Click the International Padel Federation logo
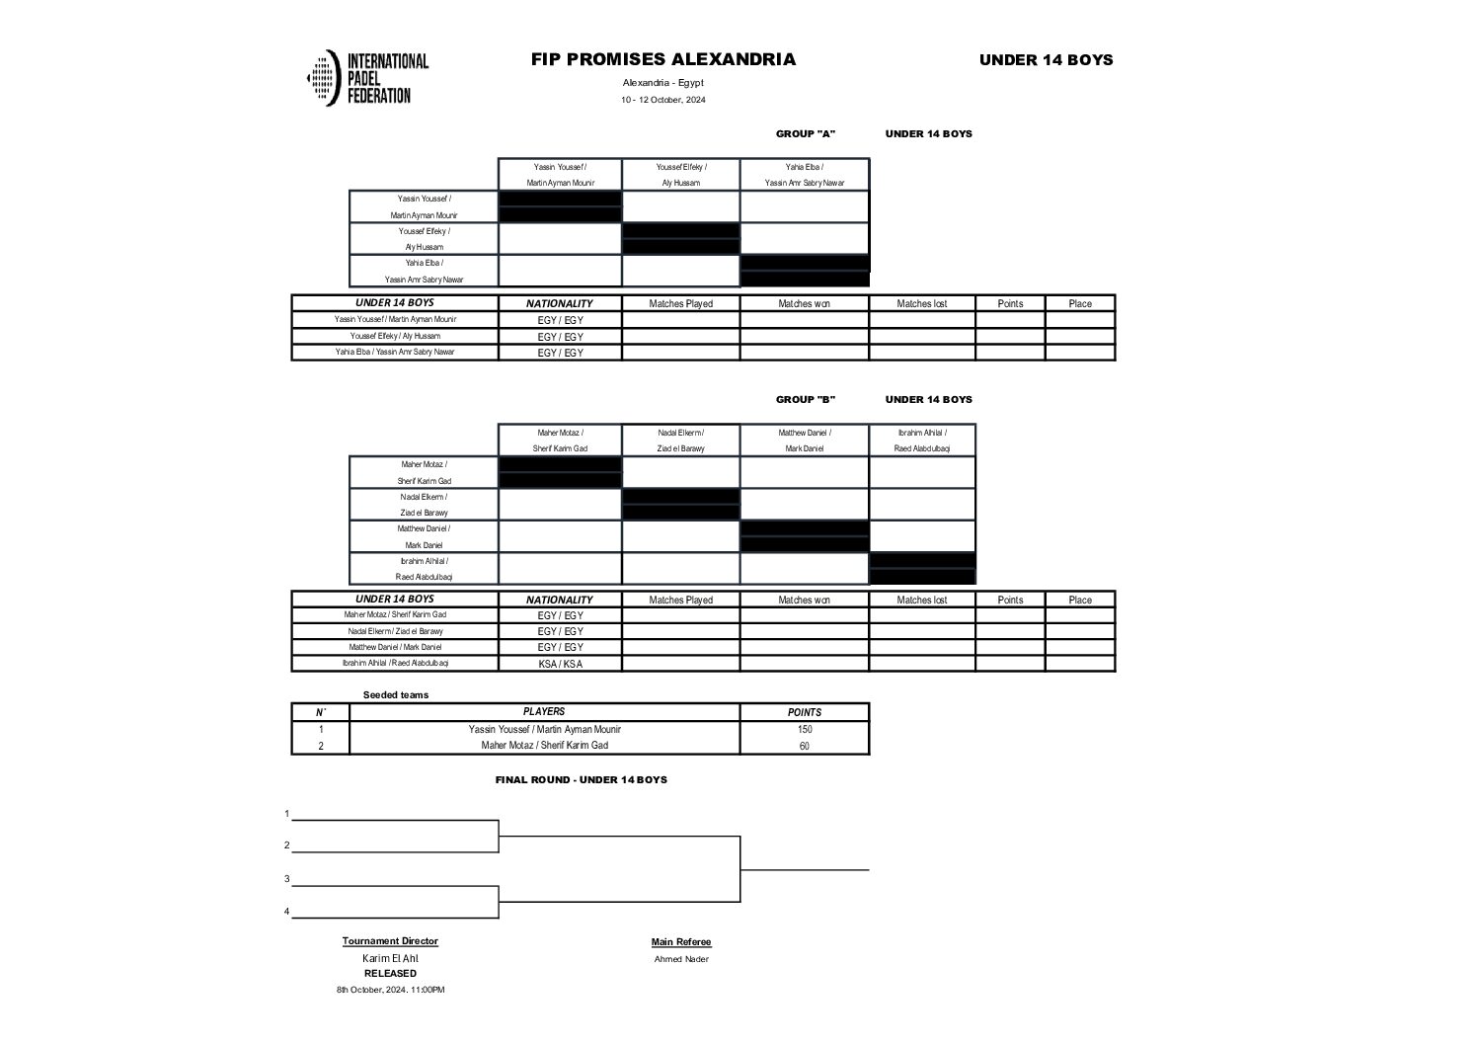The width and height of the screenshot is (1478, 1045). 366,78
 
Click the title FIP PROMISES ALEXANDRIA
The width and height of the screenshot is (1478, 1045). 662,59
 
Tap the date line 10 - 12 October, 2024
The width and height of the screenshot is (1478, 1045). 662,100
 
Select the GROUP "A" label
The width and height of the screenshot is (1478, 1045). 805,134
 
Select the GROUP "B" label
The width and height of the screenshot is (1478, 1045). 805,400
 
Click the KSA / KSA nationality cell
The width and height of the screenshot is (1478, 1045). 560,664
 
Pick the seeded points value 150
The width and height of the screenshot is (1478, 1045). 804,729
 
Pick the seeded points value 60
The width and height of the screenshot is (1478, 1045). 804,746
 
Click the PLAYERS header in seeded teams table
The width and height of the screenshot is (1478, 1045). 544,712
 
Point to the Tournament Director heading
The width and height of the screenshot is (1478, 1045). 390,941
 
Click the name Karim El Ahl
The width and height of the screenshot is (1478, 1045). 390,958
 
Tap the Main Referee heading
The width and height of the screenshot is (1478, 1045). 681,942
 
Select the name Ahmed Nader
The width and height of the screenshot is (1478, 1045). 681,959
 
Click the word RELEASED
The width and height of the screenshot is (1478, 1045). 390,974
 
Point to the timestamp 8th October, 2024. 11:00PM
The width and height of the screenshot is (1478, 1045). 390,990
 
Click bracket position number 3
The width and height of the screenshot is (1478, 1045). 287,879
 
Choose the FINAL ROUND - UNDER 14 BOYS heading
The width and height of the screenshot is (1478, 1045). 581,780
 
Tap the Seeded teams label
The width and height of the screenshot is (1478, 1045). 395,695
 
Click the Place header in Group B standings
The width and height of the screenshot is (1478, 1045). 1080,600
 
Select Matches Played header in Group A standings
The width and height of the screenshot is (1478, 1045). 680,304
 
